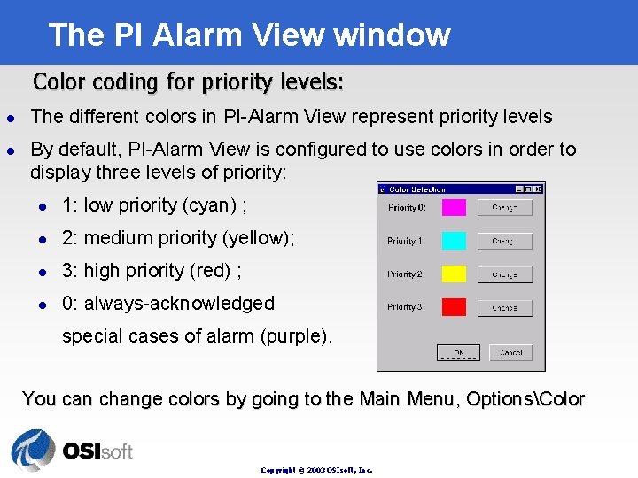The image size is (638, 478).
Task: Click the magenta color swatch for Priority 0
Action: point(454,208)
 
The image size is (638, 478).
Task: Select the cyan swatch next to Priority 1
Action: point(454,241)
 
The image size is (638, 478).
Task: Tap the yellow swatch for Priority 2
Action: point(454,274)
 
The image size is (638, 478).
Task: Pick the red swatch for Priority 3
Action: point(454,307)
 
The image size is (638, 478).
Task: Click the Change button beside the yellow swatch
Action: point(504,274)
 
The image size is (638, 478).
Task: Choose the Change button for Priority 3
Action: point(504,307)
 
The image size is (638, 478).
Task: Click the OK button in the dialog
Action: point(458,352)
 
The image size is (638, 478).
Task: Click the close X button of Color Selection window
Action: point(539,189)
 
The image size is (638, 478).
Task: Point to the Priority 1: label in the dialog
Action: point(406,241)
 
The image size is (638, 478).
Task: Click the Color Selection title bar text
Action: point(417,189)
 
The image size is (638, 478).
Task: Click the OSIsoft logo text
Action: point(97,451)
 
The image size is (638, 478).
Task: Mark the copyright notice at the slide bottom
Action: point(316,470)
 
